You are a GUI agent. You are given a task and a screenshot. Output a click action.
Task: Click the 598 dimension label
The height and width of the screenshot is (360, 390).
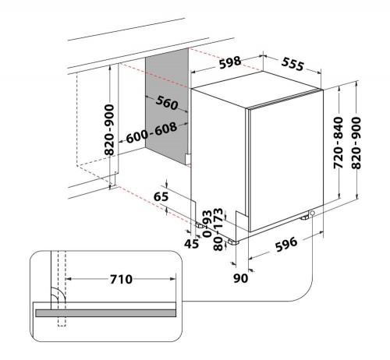pyautogui.click(x=230, y=62)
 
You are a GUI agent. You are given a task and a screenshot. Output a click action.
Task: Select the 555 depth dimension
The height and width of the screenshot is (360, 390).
pyautogui.click(x=292, y=64)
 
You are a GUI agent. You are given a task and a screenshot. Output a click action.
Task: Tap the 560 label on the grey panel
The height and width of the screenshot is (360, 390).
pyautogui.click(x=167, y=103)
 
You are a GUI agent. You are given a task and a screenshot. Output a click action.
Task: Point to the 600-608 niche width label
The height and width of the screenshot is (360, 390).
pyautogui.click(x=151, y=132)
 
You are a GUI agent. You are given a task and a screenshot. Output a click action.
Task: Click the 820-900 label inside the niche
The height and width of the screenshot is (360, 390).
pyautogui.click(x=109, y=130)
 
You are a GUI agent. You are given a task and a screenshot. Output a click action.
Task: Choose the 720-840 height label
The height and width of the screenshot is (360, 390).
pyautogui.click(x=339, y=143)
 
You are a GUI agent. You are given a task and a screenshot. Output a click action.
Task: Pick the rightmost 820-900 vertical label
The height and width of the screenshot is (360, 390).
pyautogui.click(x=356, y=143)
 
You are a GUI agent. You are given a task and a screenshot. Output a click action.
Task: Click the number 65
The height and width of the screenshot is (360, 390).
pyautogui.click(x=161, y=196)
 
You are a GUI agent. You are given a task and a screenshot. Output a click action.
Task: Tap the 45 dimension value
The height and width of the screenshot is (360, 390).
pyautogui.click(x=191, y=244)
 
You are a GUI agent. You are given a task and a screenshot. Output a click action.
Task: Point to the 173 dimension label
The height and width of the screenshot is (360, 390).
pyautogui.click(x=218, y=217)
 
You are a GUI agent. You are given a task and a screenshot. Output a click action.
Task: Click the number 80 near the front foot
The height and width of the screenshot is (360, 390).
pyautogui.click(x=218, y=245)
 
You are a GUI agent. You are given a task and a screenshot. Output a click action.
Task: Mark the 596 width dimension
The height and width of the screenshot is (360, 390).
pyautogui.click(x=286, y=244)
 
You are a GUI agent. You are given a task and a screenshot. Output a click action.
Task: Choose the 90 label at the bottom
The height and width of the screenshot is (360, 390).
pyautogui.click(x=240, y=278)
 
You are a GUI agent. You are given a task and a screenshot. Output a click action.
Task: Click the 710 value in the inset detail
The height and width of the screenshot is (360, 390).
pyautogui.click(x=121, y=279)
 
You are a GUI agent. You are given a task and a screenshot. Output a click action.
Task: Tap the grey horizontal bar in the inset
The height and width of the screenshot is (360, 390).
pyautogui.click(x=105, y=313)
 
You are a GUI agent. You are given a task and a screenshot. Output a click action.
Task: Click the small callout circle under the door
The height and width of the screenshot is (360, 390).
pyautogui.click(x=312, y=214)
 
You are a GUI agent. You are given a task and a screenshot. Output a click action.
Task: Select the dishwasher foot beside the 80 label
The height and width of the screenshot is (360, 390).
pyautogui.click(x=233, y=242)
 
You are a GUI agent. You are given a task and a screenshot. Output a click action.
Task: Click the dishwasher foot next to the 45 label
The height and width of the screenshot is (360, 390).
pyautogui.click(x=200, y=226)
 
